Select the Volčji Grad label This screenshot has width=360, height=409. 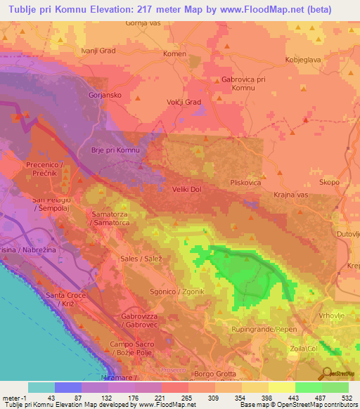[184, 102]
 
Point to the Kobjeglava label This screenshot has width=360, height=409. [303, 60]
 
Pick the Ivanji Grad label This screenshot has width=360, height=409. [98, 51]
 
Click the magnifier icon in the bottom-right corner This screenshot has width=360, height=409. [328, 372]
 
